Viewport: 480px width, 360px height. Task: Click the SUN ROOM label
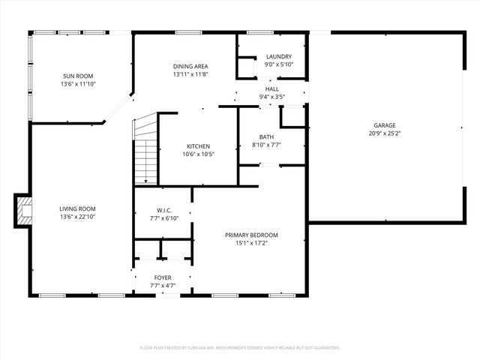(78, 76)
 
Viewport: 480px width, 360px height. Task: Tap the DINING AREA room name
(190, 67)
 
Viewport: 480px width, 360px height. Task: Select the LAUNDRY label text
(279, 57)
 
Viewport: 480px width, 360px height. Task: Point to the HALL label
(271, 88)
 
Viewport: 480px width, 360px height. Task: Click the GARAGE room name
(385, 125)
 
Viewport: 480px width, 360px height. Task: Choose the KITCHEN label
(199, 146)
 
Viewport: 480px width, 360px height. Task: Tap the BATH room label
(267, 136)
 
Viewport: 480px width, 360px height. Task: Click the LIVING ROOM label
(78, 208)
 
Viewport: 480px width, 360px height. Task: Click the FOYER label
(163, 277)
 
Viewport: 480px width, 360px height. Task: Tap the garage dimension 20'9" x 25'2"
(385, 133)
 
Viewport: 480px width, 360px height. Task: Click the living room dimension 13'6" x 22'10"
(78, 217)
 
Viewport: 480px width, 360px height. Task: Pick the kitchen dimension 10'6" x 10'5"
(199, 154)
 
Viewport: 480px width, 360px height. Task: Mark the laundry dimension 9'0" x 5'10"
(279, 65)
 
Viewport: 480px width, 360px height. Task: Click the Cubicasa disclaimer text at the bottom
(240, 348)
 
